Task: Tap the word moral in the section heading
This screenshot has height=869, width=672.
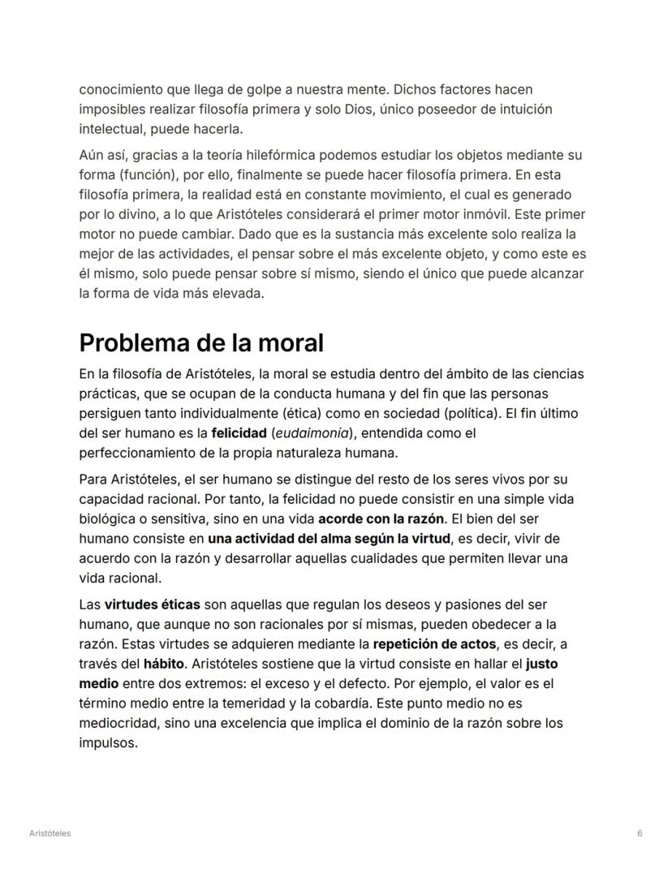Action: pyautogui.click(x=286, y=343)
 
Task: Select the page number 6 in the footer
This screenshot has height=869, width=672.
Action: pyautogui.click(x=640, y=833)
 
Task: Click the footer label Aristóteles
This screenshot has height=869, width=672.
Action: pyautogui.click(x=49, y=833)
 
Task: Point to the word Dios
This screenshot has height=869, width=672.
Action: pyautogui.click(x=353, y=109)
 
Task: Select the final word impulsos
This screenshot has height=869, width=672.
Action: pyautogui.click(x=108, y=742)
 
